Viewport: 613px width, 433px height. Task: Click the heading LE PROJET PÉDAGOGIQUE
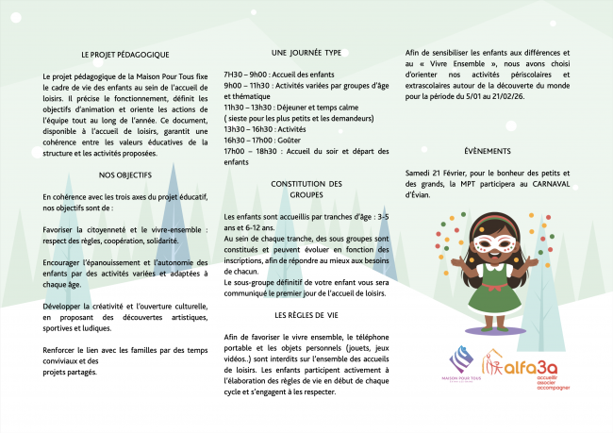[x=124, y=55]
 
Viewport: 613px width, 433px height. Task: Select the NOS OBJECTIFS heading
[x=125, y=175]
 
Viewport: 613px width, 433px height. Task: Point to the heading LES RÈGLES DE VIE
[x=306, y=315]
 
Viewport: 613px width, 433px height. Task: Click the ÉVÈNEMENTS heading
[x=488, y=152]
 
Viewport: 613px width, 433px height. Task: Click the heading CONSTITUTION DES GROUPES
[x=306, y=189]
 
